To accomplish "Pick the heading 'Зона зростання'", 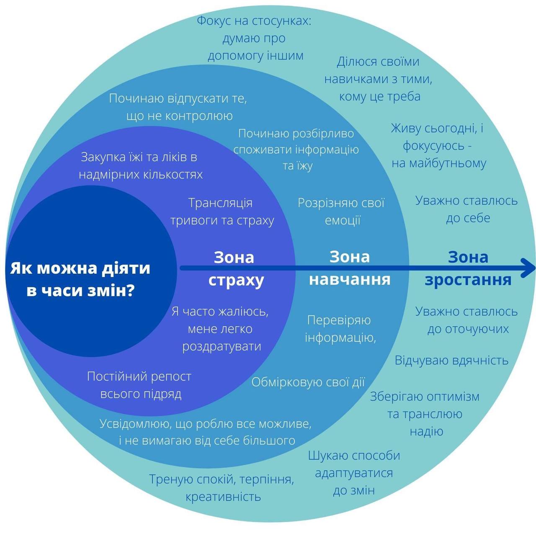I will click(x=468, y=268).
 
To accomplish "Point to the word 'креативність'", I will click(x=223, y=497).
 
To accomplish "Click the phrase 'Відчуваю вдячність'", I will click(x=451, y=361).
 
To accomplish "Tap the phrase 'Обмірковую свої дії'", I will click(x=308, y=382).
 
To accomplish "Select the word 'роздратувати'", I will click(x=222, y=347).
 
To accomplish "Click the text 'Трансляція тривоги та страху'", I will click(x=222, y=211).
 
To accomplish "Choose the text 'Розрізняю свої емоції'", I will click(x=341, y=211).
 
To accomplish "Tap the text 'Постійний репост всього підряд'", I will click(x=139, y=385).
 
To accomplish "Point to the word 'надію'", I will click(x=426, y=431).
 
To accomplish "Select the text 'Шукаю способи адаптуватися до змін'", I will click(x=354, y=473).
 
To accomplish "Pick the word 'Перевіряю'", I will click(x=339, y=320).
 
